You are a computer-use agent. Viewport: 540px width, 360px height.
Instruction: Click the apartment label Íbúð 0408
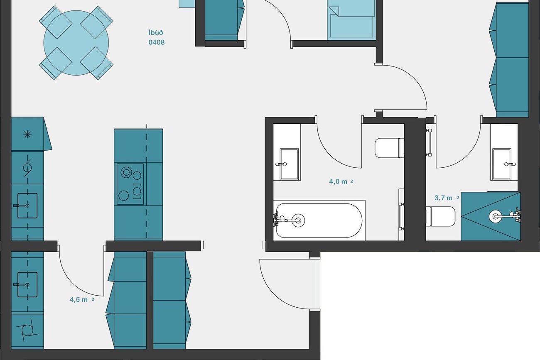pyautogui.click(x=157, y=37)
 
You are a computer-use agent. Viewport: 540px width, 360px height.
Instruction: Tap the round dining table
pyautogui.click(x=76, y=43)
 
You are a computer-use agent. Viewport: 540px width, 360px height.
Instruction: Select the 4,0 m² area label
pyautogui.click(x=341, y=181)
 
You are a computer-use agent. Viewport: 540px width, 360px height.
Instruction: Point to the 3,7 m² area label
pyautogui.click(x=447, y=198)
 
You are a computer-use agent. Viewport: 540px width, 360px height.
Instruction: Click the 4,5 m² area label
pyautogui.click(x=82, y=300)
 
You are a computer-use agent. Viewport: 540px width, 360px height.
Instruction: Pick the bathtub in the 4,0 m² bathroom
pyautogui.click(x=319, y=220)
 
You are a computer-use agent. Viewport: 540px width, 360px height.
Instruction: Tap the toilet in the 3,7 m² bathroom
pyautogui.click(x=441, y=216)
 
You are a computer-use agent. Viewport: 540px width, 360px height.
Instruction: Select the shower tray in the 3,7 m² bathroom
pyautogui.click(x=491, y=216)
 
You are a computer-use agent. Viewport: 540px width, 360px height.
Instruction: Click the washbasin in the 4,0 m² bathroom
pyautogui.click(x=289, y=164)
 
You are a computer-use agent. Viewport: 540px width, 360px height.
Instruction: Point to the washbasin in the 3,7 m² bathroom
pyautogui.click(x=502, y=164)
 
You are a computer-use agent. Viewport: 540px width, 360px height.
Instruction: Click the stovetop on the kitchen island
pyautogui.click(x=130, y=184)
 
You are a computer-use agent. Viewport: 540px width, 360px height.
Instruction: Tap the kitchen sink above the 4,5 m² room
pyautogui.click(x=27, y=206)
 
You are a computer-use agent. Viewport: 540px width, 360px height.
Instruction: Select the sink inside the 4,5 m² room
pyautogui.click(x=27, y=284)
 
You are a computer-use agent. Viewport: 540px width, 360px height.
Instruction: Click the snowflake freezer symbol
pyautogui.click(x=27, y=135)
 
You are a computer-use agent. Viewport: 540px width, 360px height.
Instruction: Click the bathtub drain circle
pyautogui.click(x=298, y=220)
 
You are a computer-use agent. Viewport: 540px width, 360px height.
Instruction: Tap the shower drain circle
pyautogui.click(x=496, y=216)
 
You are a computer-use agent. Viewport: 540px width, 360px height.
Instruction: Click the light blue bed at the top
pyautogui.click(x=351, y=19)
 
